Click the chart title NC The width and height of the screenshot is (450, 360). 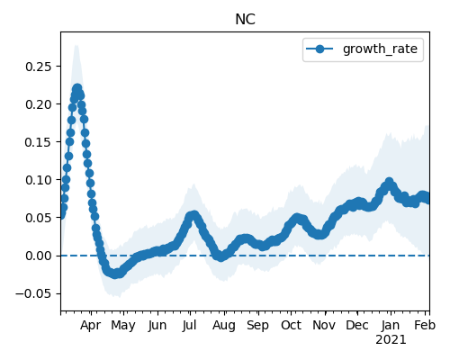(245, 20)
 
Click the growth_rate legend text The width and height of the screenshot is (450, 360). (380, 49)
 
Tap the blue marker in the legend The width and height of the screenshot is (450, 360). (319, 49)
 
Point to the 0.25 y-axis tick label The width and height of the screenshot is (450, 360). (39, 67)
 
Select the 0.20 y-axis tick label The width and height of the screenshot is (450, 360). (39, 104)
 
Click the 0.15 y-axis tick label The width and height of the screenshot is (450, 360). (39, 142)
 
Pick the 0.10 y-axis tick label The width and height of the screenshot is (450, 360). (39, 180)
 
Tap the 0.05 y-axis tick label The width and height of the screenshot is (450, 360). (39, 218)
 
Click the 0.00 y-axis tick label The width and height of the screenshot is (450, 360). (39, 256)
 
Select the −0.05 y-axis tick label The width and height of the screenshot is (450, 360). (33, 293)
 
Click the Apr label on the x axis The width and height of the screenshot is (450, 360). (91, 326)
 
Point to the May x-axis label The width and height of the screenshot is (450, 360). (123, 326)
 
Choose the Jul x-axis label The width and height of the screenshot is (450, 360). (190, 325)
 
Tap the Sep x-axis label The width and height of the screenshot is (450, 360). (258, 326)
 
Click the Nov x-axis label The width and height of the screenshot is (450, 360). (324, 325)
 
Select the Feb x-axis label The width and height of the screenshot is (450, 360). (425, 325)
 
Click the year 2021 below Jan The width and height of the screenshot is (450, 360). (391, 340)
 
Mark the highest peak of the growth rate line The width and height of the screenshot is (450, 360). (77, 88)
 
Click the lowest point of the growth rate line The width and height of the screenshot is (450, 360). (115, 274)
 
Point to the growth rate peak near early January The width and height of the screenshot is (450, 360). (389, 182)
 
